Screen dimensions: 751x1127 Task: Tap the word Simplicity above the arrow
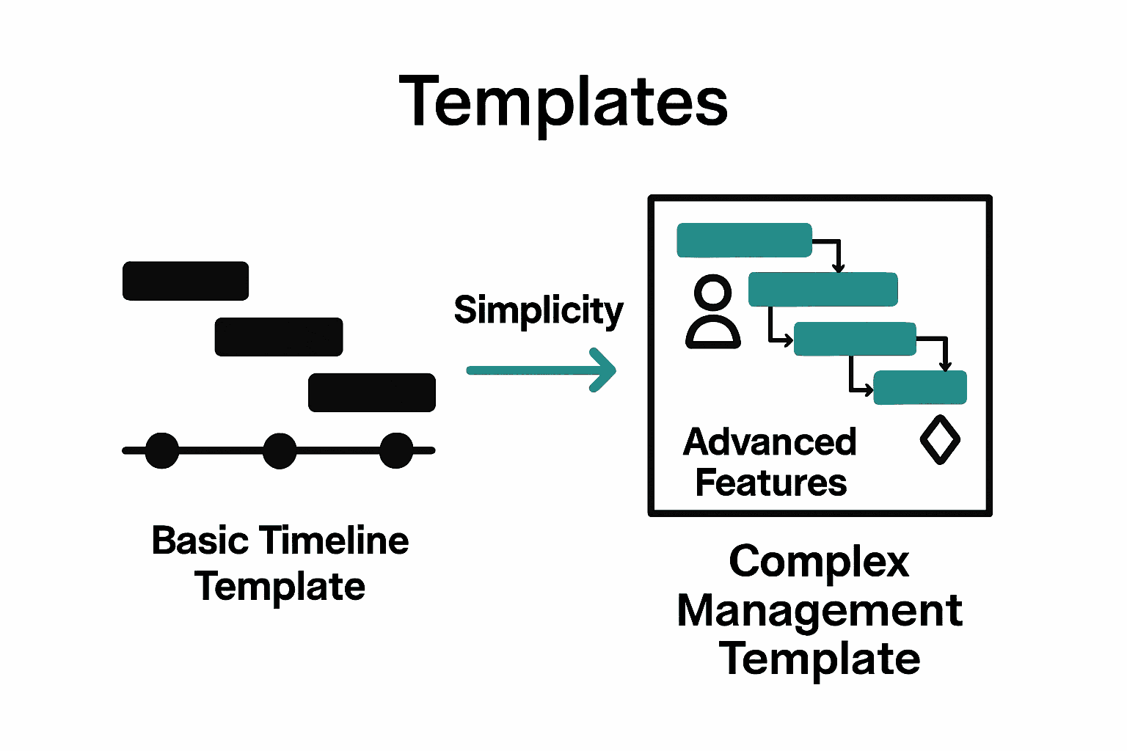539,311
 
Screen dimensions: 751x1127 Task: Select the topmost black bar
186,281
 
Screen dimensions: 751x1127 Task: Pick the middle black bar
279,337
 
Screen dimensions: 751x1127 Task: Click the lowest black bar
372,392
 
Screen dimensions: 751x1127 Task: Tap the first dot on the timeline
162,450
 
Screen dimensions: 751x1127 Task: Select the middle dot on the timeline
280,450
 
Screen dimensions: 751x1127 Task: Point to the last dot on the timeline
396,450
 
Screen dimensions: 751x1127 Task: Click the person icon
712,312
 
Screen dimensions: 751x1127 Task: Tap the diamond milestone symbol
940,440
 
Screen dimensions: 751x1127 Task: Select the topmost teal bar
744,241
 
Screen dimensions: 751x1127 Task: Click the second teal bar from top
823,289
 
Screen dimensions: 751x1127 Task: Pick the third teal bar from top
855,339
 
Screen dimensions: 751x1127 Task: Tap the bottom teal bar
920,387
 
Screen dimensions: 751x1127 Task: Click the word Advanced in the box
770,442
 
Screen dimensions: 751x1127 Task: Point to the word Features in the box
771,483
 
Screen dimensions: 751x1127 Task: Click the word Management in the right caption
819,611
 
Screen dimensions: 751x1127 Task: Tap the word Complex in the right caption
819,563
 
